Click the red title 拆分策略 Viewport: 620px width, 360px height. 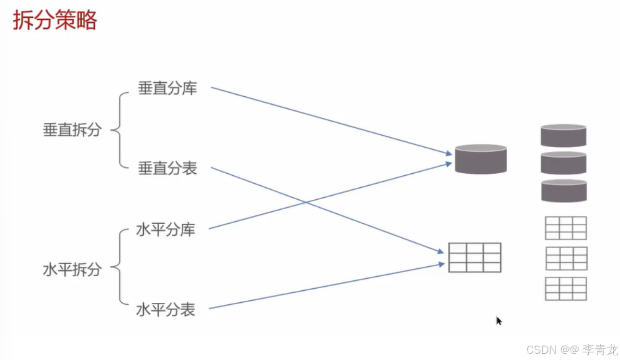tap(55, 21)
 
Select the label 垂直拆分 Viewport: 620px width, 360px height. tap(72, 130)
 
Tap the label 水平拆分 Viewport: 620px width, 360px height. tap(72, 270)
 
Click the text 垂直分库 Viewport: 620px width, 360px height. tap(167, 88)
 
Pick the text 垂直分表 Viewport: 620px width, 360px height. tap(167, 169)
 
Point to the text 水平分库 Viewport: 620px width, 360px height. tap(166, 229)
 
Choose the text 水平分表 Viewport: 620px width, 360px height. tap(166, 310)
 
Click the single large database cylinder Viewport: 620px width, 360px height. tap(480, 159)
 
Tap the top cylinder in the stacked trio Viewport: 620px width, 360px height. tap(564, 135)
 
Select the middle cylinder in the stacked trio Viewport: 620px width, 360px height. tap(564, 163)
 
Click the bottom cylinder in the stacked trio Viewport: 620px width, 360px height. tap(564, 190)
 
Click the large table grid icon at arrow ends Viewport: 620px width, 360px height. tap(475, 257)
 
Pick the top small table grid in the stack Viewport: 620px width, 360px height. tap(566, 228)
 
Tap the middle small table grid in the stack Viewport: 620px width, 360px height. tap(566, 258)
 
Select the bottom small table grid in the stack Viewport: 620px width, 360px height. tap(566, 288)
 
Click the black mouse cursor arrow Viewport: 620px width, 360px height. tap(499, 321)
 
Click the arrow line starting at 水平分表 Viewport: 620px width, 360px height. tap(323, 286)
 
